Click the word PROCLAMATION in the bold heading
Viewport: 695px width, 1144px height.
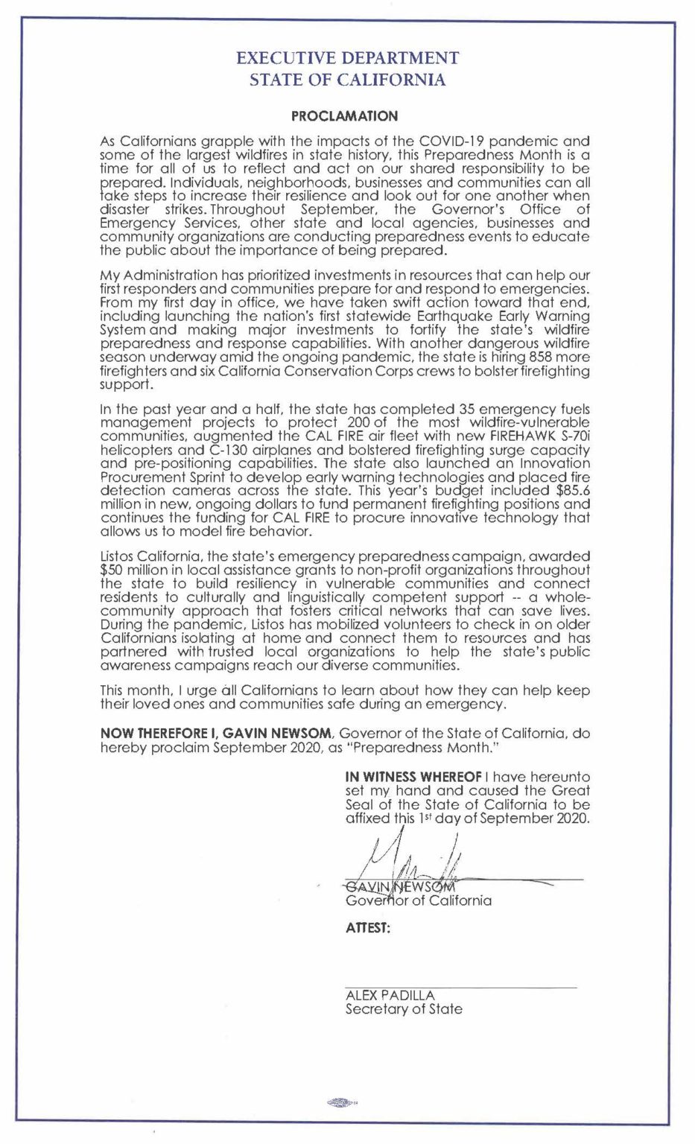click(344, 116)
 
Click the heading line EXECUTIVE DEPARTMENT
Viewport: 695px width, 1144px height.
click(347, 57)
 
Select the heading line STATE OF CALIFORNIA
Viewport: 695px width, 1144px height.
click(347, 80)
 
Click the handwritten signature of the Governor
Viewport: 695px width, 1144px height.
click(417, 860)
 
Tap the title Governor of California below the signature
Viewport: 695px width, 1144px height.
click(418, 900)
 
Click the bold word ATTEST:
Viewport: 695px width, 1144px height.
click(368, 929)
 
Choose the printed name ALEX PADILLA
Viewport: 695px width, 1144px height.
click(390, 995)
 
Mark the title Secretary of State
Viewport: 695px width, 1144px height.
click(403, 1009)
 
